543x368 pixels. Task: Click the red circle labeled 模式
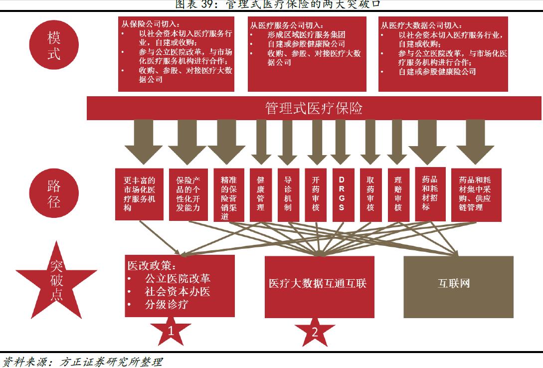coord(54,45)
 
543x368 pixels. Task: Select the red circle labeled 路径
coord(54,193)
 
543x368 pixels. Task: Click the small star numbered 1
coord(171,330)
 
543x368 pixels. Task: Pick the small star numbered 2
coord(315,332)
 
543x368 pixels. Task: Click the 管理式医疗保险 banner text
coord(314,108)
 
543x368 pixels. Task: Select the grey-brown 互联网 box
coord(458,286)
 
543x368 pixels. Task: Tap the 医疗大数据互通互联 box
coord(319,286)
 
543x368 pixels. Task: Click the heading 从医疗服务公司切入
coord(286,25)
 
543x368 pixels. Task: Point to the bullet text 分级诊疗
coord(166,304)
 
